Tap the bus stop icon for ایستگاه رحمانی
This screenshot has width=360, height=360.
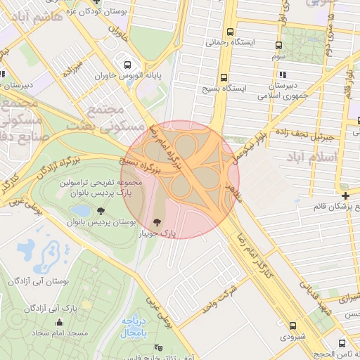[x=230, y=32]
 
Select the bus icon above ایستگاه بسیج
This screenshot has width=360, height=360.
[x=224, y=77]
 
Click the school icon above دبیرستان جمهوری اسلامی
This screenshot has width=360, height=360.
[x=283, y=75]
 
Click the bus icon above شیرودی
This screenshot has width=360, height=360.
[x=293, y=325]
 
